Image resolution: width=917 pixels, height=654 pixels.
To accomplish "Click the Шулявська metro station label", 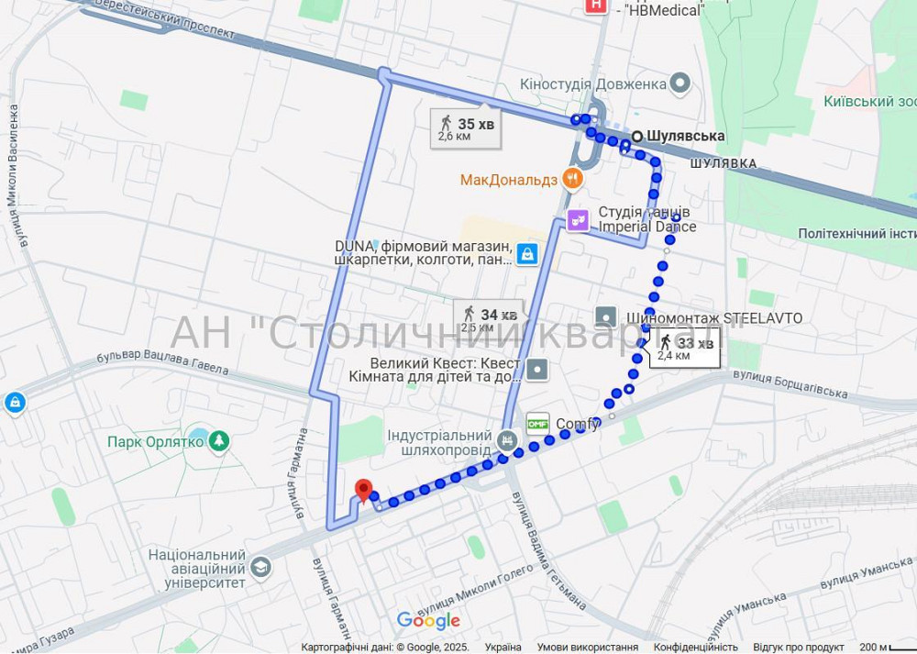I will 685,136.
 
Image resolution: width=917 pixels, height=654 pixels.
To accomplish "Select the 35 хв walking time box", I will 466,128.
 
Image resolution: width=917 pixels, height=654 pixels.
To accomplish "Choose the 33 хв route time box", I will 684,348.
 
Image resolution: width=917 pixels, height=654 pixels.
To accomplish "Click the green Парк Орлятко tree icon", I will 218,441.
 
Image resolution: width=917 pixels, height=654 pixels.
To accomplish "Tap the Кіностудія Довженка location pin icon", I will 679,84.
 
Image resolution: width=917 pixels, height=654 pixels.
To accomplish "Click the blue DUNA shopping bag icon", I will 526,253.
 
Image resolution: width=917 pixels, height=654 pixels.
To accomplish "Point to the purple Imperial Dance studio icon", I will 578,220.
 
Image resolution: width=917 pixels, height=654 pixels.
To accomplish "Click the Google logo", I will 428,621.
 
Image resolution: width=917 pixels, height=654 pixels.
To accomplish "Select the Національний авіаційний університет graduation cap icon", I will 260,569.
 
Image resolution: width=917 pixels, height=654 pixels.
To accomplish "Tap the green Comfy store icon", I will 537,424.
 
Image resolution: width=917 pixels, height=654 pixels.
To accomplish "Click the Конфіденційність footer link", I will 695,647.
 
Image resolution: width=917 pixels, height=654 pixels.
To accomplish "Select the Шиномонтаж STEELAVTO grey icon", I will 606,317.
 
